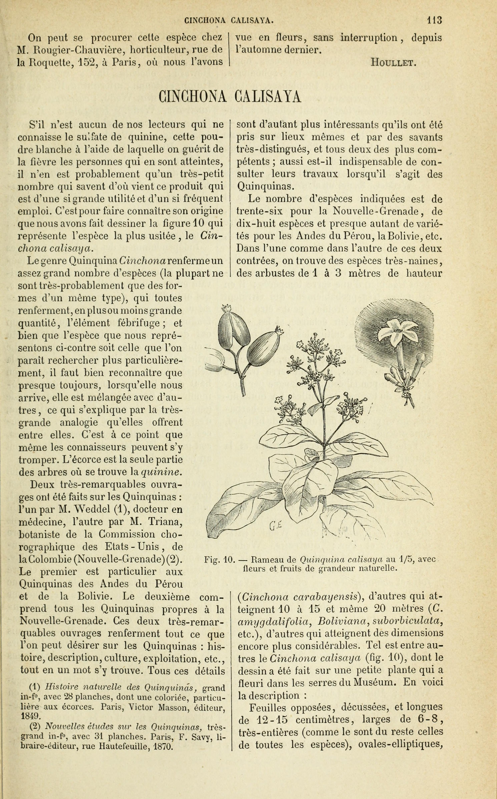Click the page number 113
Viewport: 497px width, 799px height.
[x=434, y=20]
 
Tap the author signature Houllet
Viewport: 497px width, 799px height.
[x=393, y=62]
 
